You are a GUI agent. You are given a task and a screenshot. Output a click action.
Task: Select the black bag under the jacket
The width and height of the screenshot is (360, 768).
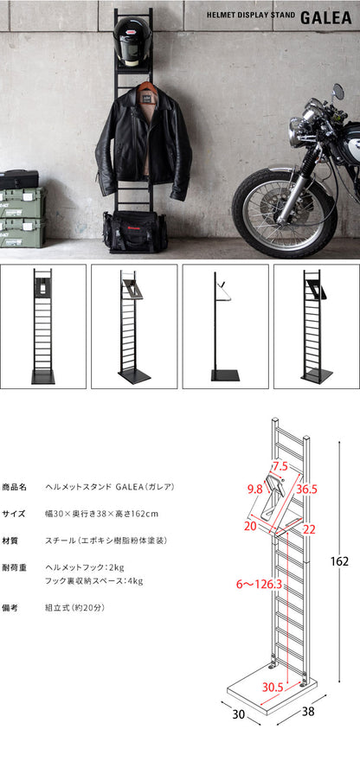tap(136, 231)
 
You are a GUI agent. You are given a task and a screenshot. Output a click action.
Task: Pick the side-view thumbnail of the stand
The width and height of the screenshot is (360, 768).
tap(225, 326)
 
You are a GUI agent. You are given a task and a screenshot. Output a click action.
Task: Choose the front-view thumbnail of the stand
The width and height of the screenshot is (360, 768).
tap(43, 326)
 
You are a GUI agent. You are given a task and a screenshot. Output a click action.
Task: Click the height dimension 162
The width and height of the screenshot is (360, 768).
tap(339, 561)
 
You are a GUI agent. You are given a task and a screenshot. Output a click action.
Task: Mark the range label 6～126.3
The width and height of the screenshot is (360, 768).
tap(247, 584)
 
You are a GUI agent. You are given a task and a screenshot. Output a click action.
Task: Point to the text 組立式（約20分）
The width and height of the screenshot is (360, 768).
tap(76, 607)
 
